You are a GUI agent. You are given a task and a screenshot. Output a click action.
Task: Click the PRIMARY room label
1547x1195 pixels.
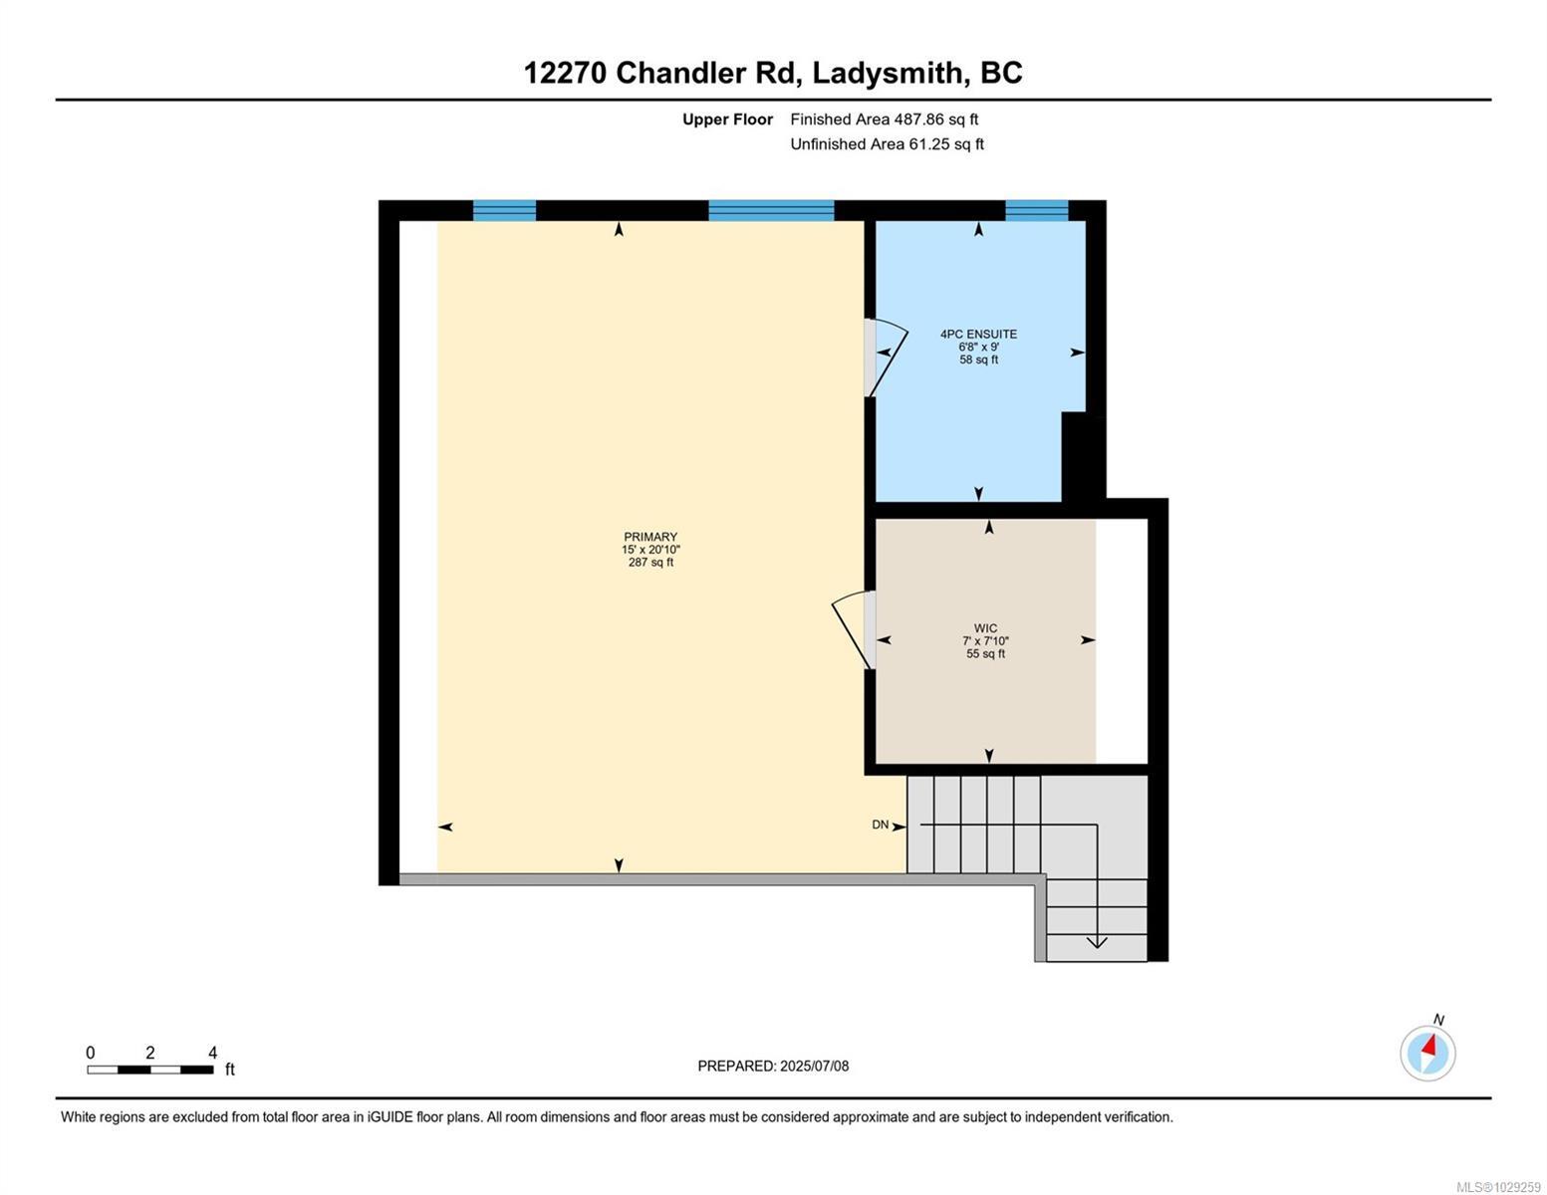(x=650, y=537)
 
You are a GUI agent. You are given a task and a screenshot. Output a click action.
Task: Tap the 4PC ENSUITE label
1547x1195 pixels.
(x=978, y=335)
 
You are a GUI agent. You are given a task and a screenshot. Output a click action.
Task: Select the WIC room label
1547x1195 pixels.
(x=985, y=628)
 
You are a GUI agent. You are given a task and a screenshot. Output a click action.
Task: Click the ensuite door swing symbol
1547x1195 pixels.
(x=886, y=357)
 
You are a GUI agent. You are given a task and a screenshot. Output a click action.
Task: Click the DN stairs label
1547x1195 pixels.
(x=880, y=825)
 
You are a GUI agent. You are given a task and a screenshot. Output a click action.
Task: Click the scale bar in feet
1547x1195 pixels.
(x=149, y=1070)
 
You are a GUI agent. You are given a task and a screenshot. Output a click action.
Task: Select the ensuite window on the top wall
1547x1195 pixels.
(x=1036, y=210)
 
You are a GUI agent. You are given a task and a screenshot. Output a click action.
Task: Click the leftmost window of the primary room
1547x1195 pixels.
(x=504, y=210)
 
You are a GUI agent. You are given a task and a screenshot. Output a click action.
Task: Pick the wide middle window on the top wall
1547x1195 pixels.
(x=770, y=210)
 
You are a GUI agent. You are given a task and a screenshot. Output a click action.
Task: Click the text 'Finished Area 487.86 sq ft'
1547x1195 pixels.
(x=884, y=119)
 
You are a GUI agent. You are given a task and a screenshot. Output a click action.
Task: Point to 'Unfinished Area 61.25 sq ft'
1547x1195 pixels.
(x=887, y=144)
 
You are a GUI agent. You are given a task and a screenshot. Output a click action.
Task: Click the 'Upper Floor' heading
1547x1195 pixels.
(x=727, y=119)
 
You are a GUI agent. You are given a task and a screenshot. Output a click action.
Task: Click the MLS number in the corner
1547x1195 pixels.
(x=1498, y=1186)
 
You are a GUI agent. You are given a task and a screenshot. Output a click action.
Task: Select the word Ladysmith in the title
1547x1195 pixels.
(x=888, y=73)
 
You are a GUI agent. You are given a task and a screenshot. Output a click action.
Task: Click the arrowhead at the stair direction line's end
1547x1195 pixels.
(x=1097, y=942)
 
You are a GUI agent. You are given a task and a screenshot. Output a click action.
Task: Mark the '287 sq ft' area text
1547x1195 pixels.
(x=650, y=563)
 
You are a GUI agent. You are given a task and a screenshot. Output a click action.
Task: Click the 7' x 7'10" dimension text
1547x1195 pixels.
(x=985, y=641)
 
